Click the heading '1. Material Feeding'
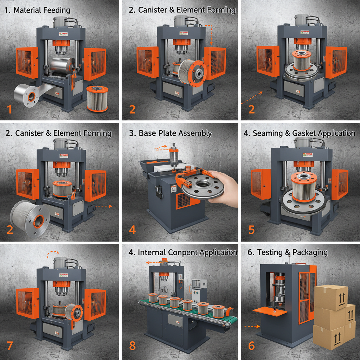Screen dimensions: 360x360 pos(37,10)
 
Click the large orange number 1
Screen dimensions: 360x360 pos(9,110)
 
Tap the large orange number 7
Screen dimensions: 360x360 pos(10,346)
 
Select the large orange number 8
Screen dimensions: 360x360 pos(132,346)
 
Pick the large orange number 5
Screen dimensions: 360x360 pos(251,229)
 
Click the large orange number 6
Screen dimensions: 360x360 pos(251,346)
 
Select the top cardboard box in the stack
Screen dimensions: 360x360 pos(331,297)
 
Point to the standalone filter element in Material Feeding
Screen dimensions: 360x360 pos(97,99)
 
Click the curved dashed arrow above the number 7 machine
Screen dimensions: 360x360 pos(53,253)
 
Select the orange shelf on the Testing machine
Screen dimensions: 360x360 pos(269,311)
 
